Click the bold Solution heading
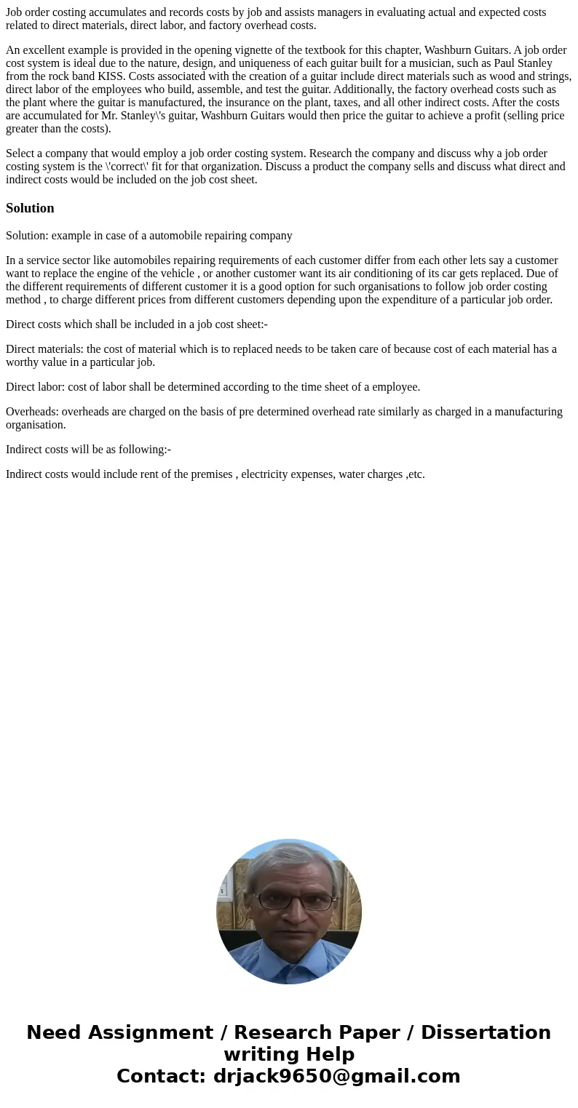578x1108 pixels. tap(30, 208)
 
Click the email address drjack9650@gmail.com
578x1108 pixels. tap(337, 1076)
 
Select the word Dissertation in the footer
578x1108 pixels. tap(486, 1032)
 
